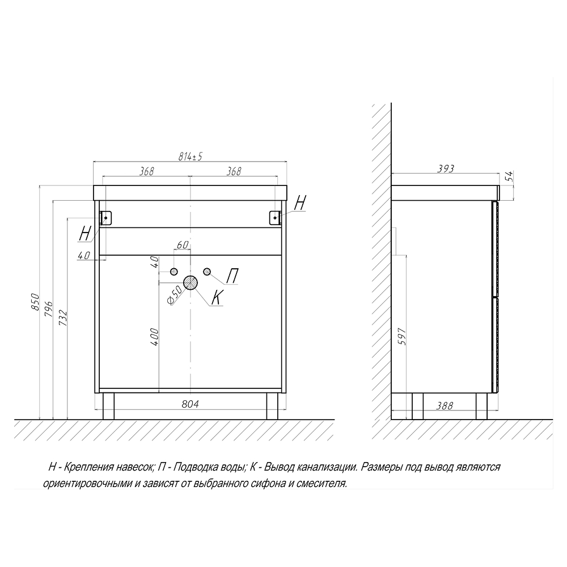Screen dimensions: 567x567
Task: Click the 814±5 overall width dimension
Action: coord(190,156)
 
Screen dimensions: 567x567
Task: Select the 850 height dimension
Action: coord(35,301)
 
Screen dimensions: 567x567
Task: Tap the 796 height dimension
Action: coord(49,308)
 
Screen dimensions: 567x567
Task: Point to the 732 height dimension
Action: coord(63,318)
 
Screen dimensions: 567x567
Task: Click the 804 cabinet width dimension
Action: coord(190,404)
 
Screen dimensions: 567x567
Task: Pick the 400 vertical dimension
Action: coord(154,337)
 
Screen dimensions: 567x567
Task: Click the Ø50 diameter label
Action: coord(174,295)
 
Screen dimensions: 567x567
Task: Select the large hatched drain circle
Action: coord(191,283)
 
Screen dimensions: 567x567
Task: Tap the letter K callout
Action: coord(217,298)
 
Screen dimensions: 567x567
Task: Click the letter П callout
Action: coord(232,276)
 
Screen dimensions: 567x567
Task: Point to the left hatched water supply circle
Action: coord(174,272)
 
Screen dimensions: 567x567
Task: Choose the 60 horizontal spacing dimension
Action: coord(183,245)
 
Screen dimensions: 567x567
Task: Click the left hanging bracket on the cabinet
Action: coord(106,218)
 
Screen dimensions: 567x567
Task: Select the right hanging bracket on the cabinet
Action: coord(275,218)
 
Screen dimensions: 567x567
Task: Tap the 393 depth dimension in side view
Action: coord(446,168)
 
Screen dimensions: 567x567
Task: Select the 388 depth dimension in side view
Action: coord(445,406)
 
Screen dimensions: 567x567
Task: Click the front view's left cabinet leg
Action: coord(108,406)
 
